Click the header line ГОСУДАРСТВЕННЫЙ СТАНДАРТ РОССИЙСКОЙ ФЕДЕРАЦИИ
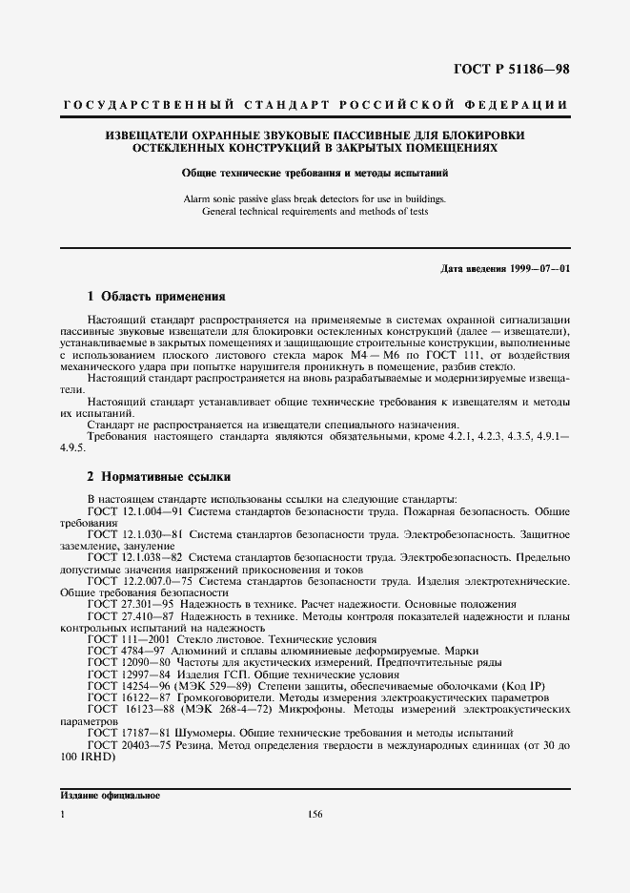coord(315,104)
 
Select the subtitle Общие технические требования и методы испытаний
coord(315,174)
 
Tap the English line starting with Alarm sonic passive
coord(315,199)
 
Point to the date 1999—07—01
coord(541,269)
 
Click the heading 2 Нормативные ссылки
coord(157,475)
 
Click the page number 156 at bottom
coord(315,814)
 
